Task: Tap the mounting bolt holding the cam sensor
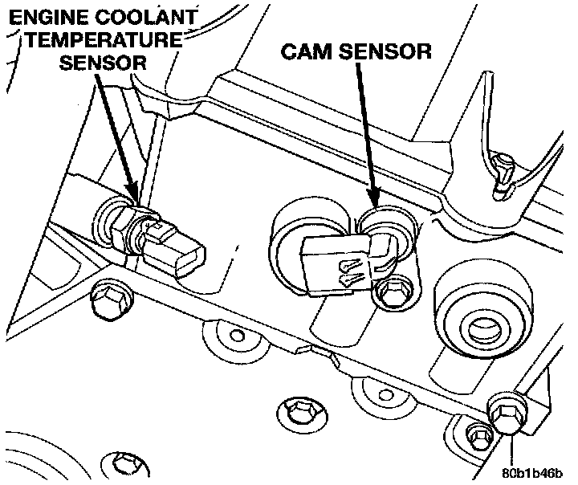click(392, 290)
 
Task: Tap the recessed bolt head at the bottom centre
click(301, 412)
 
